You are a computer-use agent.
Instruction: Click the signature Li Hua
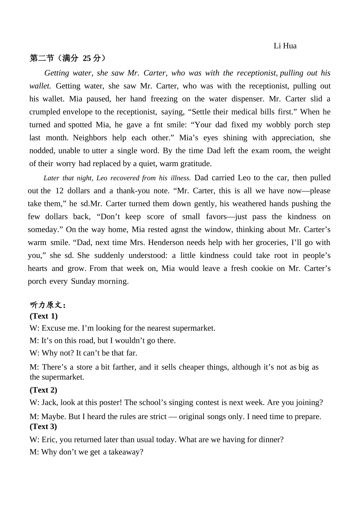pos(285,46)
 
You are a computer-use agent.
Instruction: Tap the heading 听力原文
pos(48,305)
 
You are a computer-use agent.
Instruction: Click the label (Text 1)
pos(44,316)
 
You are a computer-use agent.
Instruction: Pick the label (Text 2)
pos(44,390)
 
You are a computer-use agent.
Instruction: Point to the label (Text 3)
pos(44,426)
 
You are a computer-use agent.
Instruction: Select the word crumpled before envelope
pos(45,112)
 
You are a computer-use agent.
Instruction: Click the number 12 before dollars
pos(59,191)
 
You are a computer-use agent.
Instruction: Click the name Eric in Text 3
pos(48,440)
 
